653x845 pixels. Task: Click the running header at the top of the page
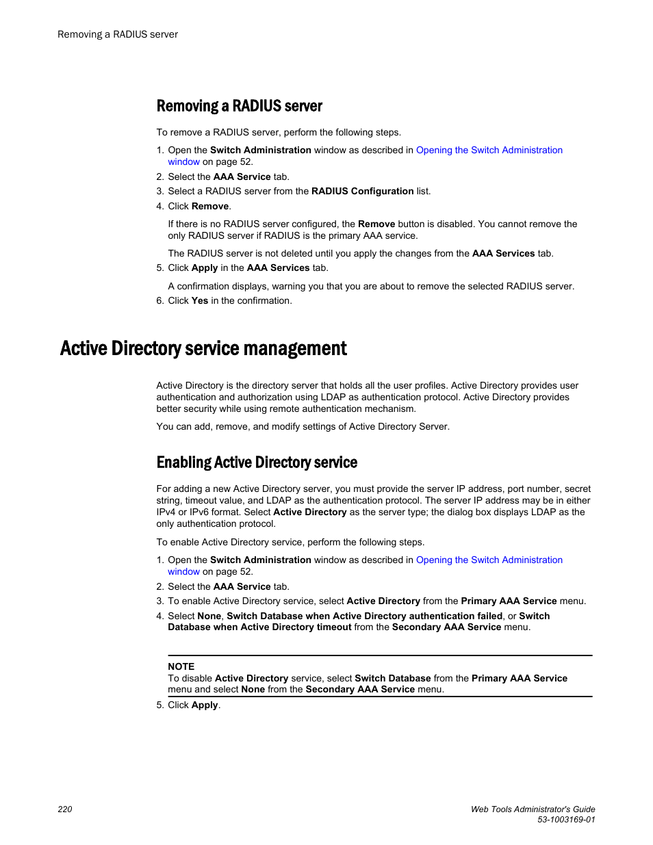click(x=118, y=34)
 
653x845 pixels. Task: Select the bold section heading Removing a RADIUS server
click(x=239, y=106)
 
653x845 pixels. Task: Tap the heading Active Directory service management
click(x=203, y=349)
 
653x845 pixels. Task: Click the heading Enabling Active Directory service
click(x=257, y=463)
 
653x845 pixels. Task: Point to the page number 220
click(x=65, y=809)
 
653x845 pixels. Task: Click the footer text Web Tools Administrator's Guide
click(x=533, y=809)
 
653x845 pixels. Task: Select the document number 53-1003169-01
click(x=566, y=819)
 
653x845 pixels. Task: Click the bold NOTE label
click(x=181, y=666)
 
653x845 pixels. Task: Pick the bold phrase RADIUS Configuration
click(x=362, y=192)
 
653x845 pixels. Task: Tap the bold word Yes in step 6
click(x=199, y=301)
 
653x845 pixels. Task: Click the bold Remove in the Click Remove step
click(x=210, y=207)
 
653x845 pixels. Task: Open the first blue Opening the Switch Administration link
click(x=489, y=151)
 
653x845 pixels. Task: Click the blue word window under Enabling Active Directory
click(x=183, y=572)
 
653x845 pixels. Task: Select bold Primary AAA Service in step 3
click(x=509, y=601)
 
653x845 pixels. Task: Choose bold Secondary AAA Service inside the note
click(x=360, y=690)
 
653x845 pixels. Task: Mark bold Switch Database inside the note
click(x=392, y=678)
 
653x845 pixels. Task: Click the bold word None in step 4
click(x=209, y=616)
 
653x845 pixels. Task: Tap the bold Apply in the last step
click(x=204, y=705)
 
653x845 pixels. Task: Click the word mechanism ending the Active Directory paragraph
click(x=390, y=409)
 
